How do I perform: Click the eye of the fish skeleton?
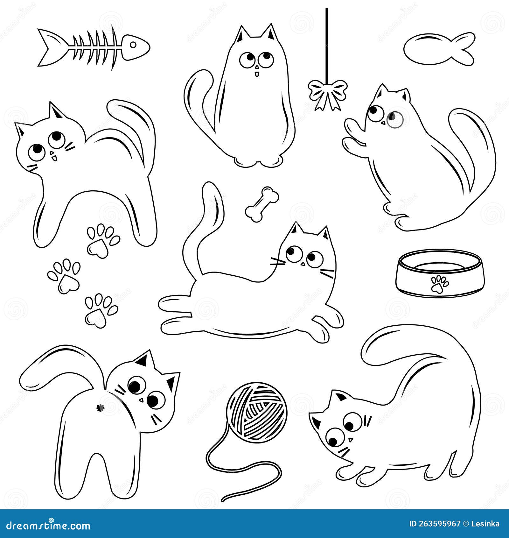click(x=134, y=45)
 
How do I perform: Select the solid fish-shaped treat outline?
click(x=439, y=49)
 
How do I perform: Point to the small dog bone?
click(x=262, y=204)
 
